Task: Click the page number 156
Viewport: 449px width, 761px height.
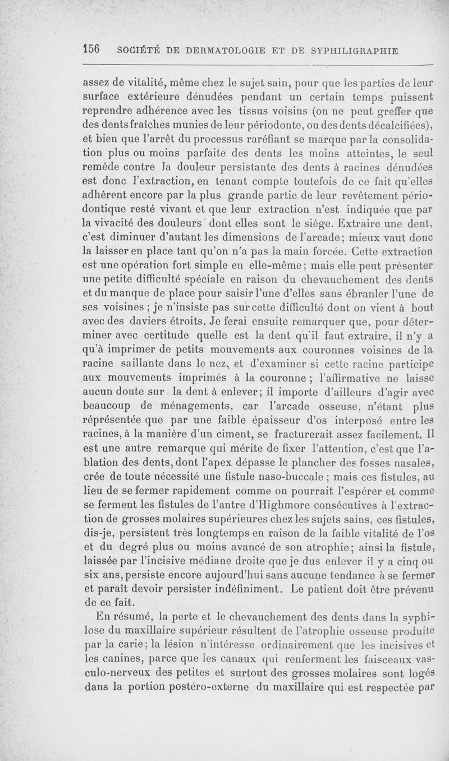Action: pyautogui.click(x=91, y=49)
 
